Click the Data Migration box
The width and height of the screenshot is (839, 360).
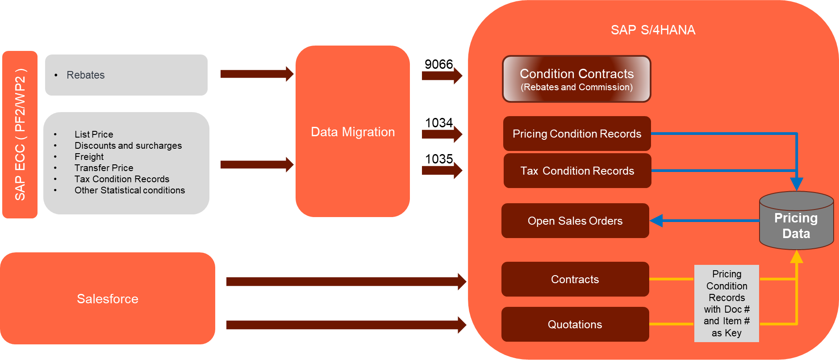pyautogui.click(x=352, y=131)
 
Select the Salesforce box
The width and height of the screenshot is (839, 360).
pyautogui.click(x=108, y=298)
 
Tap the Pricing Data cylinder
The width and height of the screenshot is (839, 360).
pyautogui.click(x=796, y=223)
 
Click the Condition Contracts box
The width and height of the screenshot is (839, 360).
pyautogui.click(x=576, y=79)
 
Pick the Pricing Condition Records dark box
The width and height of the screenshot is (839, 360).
pyautogui.click(x=576, y=134)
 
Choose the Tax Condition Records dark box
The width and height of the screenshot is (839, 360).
pyautogui.click(x=577, y=171)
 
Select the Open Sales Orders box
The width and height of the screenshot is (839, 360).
pyautogui.click(x=575, y=221)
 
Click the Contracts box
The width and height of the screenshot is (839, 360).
pyautogui.click(x=575, y=279)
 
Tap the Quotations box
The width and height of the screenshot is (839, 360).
pyautogui.click(x=575, y=324)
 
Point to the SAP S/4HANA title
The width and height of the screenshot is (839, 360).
pyautogui.click(x=653, y=30)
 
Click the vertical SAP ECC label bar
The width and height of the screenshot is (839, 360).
pyautogui.click(x=20, y=134)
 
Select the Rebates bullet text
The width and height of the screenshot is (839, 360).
pyautogui.click(x=85, y=75)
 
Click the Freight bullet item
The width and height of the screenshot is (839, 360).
pyautogui.click(x=89, y=157)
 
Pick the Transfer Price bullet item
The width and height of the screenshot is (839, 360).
pyautogui.click(x=104, y=168)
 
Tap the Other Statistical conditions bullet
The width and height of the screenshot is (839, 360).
pyautogui.click(x=129, y=190)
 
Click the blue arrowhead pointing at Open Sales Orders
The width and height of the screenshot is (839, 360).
pyautogui.click(x=656, y=221)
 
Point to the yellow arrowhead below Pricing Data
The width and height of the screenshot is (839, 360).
pyautogui.click(x=797, y=257)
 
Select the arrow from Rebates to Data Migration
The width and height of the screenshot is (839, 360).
pyautogui.click(x=257, y=74)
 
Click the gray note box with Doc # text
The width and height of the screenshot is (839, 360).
pyautogui.click(x=726, y=303)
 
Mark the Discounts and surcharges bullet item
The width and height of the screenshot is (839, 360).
pyautogui.click(x=128, y=146)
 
